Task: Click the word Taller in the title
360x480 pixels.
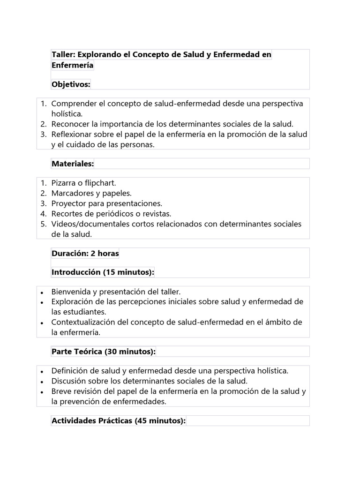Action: click(62, 55)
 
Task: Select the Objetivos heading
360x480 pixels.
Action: click(71, 84)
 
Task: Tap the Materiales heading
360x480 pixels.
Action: click(73, 164)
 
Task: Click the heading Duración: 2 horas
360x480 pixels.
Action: click(85, 254)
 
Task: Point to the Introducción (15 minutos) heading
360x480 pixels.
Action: click(103, 272)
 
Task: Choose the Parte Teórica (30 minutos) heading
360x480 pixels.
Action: click(104, 352)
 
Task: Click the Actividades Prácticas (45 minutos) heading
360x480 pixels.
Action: click(119, 421)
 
